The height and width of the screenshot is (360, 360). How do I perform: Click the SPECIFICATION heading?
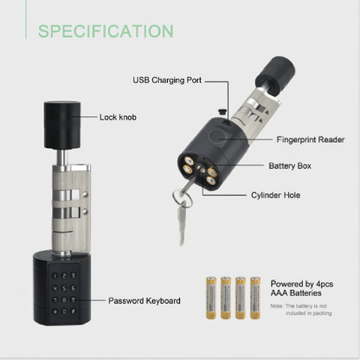point(106,31)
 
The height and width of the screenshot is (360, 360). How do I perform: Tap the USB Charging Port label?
point(167,80)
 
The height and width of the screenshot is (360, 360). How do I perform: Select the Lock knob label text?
point(118,117)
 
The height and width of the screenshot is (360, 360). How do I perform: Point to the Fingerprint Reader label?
point(311,139)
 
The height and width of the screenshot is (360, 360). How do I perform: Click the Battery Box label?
point(290,166)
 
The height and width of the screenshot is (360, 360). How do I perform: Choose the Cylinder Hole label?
point(276,195)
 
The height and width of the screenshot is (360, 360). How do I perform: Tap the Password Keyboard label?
point(145,300)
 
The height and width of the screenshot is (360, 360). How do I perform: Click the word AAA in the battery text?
point(280,293)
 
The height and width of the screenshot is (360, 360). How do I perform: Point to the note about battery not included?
point(301,310)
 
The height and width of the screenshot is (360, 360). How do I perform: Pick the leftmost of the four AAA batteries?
point(211,298)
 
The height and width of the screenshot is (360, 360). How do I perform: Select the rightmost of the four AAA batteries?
point(255,298)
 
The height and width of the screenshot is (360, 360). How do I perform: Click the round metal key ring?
point(183,198)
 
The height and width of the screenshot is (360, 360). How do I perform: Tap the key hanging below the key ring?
point(181,223)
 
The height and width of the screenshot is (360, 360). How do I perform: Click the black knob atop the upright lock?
point(61,125)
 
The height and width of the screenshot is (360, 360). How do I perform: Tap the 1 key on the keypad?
point(55,276)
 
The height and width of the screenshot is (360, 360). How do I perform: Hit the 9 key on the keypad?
point(73,299)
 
